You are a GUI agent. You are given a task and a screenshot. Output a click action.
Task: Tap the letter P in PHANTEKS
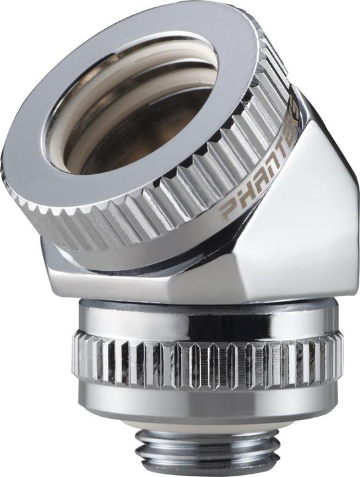click(x=228, y=211)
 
